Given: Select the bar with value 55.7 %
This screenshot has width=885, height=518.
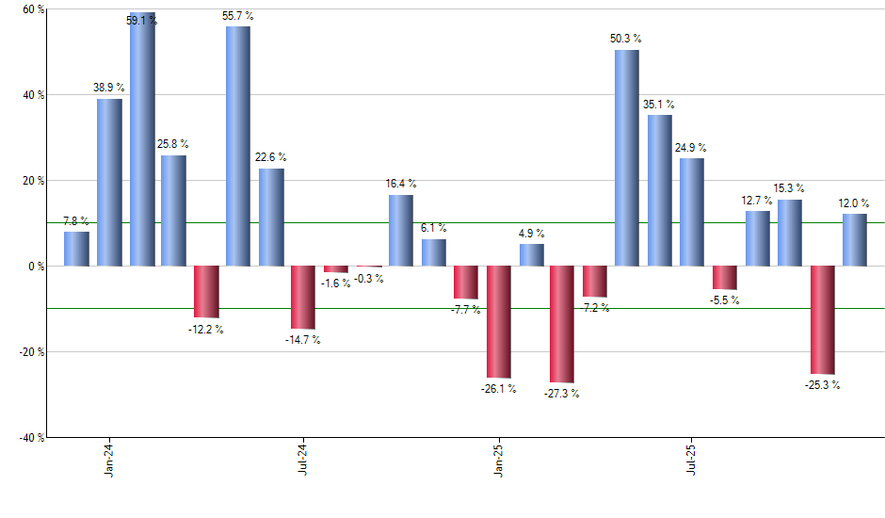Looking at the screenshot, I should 238,146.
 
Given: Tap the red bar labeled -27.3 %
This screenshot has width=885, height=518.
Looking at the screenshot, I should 562,324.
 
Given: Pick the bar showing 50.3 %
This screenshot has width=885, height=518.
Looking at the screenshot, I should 627,157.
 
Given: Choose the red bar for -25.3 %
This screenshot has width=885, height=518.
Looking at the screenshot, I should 822,320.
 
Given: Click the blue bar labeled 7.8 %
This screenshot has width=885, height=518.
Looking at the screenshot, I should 77,249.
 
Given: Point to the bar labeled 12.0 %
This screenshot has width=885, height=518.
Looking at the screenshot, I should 855,240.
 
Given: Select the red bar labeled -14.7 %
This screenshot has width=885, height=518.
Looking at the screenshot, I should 302,297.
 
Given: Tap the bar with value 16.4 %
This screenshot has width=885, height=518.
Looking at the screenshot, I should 400,231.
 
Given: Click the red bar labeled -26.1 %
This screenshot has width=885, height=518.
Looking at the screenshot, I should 498,321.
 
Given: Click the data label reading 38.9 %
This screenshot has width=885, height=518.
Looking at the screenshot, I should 108,88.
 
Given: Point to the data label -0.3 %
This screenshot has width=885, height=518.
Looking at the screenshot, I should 369,278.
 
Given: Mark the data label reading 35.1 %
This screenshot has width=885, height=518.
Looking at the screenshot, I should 658,105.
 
